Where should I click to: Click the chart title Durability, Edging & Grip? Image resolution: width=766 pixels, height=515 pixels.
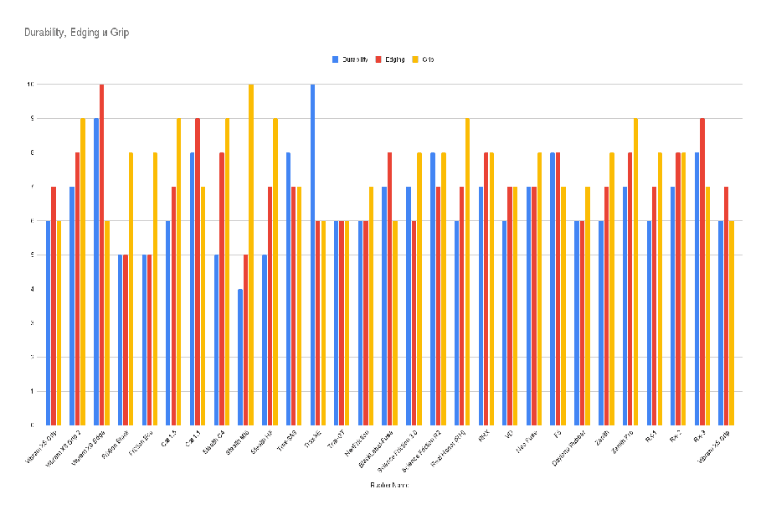click(76, 32)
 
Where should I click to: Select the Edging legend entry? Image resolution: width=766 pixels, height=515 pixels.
click(391, 59)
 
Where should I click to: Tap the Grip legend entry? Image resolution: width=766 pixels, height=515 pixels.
click(425, 59)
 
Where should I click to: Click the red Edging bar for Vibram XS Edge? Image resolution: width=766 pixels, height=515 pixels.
click(101, 255)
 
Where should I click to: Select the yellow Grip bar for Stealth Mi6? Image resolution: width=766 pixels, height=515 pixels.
click(251, 255)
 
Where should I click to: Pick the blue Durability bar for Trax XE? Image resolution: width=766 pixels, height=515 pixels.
click(312, 255)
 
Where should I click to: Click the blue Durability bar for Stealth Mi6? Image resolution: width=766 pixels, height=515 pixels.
click(240, 357)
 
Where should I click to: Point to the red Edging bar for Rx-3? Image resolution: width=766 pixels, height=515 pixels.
click(702, 271)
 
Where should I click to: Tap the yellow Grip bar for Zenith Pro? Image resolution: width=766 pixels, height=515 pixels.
click(635, 271)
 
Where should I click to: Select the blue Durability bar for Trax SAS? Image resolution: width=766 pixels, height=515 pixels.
click(288, 289)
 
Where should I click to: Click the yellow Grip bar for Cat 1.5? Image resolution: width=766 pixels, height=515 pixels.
click(178, 271)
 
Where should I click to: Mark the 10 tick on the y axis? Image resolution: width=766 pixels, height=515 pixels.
click(31, 85)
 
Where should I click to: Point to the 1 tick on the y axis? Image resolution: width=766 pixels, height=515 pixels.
click(32, 391)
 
